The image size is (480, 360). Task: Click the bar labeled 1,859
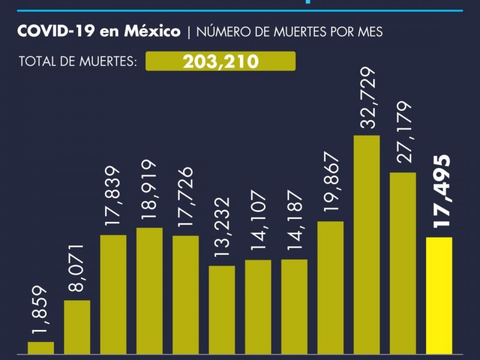[41, 348]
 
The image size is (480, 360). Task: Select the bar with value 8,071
[77, 327]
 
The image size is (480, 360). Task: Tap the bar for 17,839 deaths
[113, 294]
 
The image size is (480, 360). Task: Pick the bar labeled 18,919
[149, 291]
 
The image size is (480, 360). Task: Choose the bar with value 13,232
[222, 310]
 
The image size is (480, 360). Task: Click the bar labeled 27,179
[403, 263]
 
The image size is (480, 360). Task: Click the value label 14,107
[257, 224]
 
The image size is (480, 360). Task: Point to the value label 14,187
[293, 224]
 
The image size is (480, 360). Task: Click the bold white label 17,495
[443, 191]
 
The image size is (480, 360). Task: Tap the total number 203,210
[221, 61]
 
